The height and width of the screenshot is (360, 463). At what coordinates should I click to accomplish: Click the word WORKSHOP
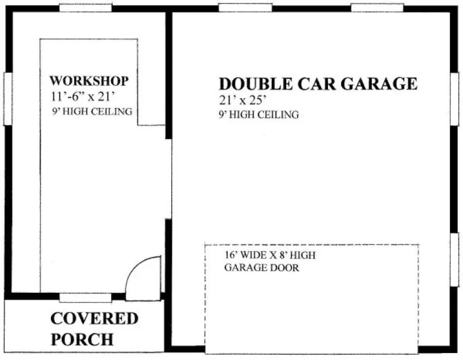click(89, 81)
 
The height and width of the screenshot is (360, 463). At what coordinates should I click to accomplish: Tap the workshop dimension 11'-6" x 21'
click(85, 97)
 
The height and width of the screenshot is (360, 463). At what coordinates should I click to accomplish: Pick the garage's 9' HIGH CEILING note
click(259, 115)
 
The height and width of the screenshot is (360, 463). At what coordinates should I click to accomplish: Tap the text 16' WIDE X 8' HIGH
click(269, 255)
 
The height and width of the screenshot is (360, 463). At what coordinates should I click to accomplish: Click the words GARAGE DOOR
click(261, 268)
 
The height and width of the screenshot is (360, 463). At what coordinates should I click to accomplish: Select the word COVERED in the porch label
click(94, 319)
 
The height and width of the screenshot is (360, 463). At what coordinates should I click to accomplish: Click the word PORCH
click(82, 339)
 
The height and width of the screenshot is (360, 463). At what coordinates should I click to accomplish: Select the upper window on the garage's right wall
click(454, 99)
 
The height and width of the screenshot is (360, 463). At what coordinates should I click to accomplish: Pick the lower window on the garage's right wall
click(454, 259)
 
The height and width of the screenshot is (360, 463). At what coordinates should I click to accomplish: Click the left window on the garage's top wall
click(245, 8)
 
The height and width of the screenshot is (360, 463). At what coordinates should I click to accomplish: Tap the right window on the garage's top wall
click(377, 8)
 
